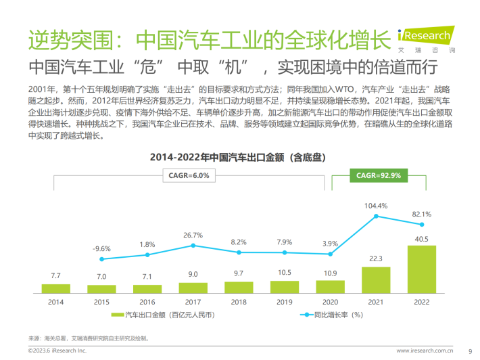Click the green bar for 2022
point(421,269)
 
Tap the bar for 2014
point(56,288)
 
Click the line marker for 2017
point(193,245)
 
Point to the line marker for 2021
point(375,216)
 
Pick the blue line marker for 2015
point(102,258)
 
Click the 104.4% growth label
point(375,205)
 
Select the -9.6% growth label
point(102,248)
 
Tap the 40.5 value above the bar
point(421,238)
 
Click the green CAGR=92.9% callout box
point(379,175)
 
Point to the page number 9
point(470,351)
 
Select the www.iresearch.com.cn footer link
point(424,351)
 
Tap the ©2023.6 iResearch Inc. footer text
point(57,351)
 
